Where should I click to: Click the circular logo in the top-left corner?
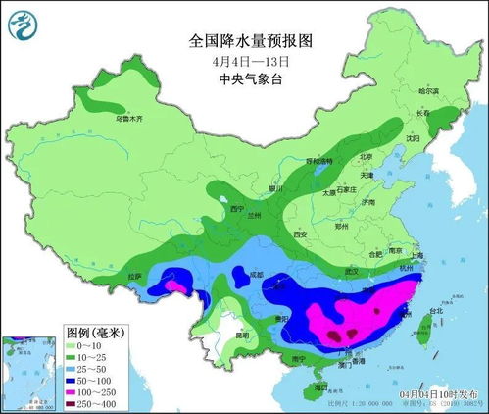coord(24,23)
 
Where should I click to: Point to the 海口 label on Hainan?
coord(322,388)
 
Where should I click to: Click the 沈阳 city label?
coord(412,138)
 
